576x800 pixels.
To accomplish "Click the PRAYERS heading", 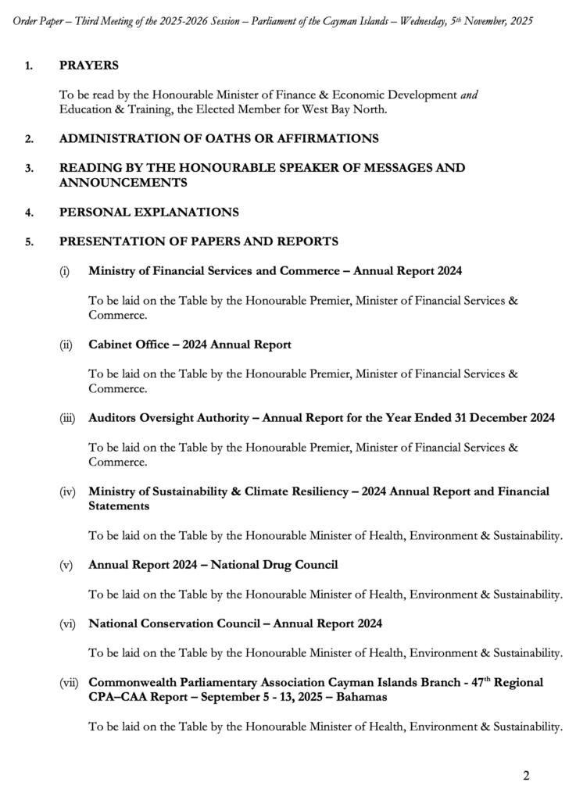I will click(89, 65).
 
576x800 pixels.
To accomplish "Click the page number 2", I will click(526, 775).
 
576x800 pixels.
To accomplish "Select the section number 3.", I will click(29, 169).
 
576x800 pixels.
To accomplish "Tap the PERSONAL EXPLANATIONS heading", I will click(148, 212).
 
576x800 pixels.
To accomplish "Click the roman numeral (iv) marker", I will click(67, 491).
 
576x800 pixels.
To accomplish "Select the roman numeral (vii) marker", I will click(69, 683).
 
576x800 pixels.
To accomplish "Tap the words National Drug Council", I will click(278, 564).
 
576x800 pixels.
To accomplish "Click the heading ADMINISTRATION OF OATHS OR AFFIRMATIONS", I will click(219, 139).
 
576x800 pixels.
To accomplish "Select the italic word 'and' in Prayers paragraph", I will click(469, 95).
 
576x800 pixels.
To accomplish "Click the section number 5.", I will click(29, 242).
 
